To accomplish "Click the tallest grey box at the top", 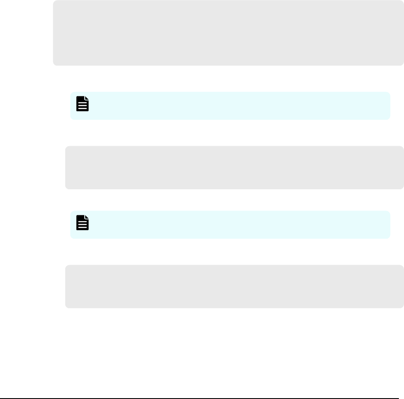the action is (x=228, y=33).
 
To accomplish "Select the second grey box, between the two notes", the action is (x=234, y=168).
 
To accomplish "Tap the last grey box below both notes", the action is (x=234, y=286).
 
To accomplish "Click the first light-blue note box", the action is (x=230, y=106).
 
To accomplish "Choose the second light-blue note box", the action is (x=230, y=224).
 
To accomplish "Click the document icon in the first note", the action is (x=83, y=104).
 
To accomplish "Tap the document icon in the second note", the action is (x=83, y=223).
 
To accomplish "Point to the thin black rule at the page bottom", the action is (x=202, y=387).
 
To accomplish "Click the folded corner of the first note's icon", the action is (x=87, y=98).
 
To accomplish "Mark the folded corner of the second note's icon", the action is (x=87, y=217).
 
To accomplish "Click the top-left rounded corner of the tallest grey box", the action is (x=55, y=2).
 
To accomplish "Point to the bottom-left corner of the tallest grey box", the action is (x=55, y=64).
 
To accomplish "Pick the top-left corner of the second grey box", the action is (x=66, y=148).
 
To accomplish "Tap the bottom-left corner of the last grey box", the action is (x=66, y=306).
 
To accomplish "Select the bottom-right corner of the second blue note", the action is (x=388, y=237).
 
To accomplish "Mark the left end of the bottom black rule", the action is (x=1, y=387).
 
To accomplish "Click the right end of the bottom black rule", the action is (x=403, y=387).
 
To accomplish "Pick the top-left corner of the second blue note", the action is (x=72, y=212).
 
